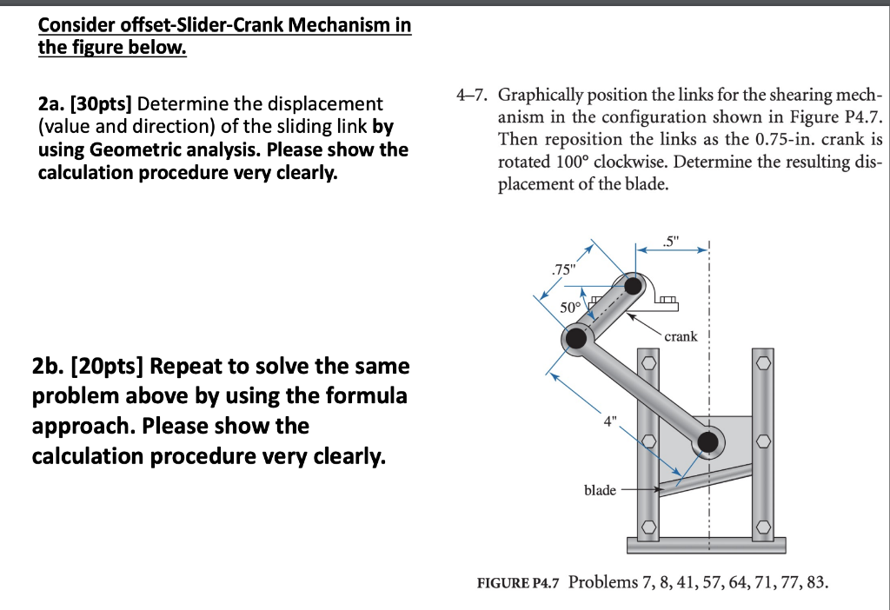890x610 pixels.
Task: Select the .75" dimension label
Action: click(562, 269)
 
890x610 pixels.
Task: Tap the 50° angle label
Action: click(570, 307)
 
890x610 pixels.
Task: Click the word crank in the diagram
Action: click(681, 335)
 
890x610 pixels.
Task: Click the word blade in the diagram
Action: click(600, 490)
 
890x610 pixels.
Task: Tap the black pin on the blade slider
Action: click(708, 443)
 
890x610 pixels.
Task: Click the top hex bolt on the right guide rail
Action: click(762, 361)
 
